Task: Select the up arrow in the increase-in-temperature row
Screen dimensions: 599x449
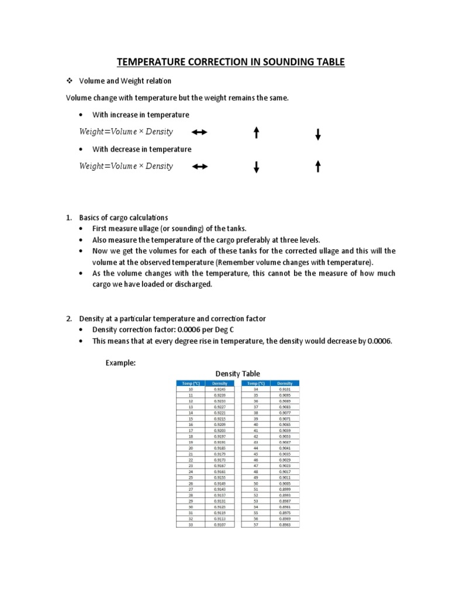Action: click(256, 133)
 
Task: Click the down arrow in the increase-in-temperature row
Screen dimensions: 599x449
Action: click(318, 135)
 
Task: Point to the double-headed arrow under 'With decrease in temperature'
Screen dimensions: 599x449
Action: click(200, 167)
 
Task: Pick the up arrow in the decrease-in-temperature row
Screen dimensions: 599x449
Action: click(318, 167)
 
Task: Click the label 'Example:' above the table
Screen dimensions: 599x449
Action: click(120, 363)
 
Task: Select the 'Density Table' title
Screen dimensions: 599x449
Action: click(238, 374)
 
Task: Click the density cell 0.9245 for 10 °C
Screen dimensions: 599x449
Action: click(220, 389)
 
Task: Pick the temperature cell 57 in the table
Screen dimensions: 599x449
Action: click(255, 524)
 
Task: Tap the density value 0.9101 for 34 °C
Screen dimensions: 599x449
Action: click(285, 389)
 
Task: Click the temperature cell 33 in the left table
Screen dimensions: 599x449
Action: click(191, 524)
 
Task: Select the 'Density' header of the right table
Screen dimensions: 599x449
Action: click(285, 383)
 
